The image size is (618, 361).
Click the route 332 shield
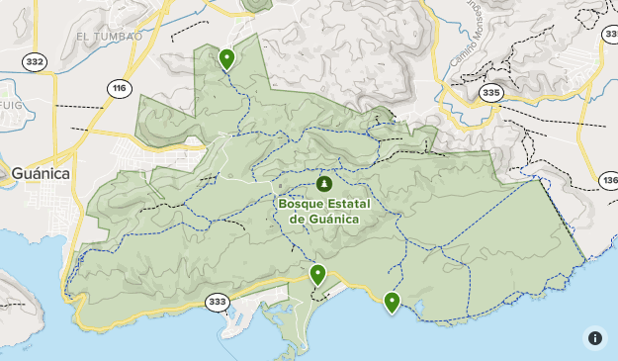[36, 62]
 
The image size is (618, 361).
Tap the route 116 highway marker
[120, 89]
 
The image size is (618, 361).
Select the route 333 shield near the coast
[217, 301]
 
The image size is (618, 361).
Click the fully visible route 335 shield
[490, 92]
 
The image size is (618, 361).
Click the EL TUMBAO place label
[102, 36]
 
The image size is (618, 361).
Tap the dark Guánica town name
[41, 173]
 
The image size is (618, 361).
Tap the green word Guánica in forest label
[335, 219]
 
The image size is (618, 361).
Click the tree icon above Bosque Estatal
[324, 184]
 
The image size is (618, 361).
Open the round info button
[594, 337]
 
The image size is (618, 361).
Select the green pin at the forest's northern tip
[227, 59]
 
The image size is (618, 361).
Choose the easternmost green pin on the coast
[393, 302]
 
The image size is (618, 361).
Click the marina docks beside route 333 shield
[242, 321]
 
